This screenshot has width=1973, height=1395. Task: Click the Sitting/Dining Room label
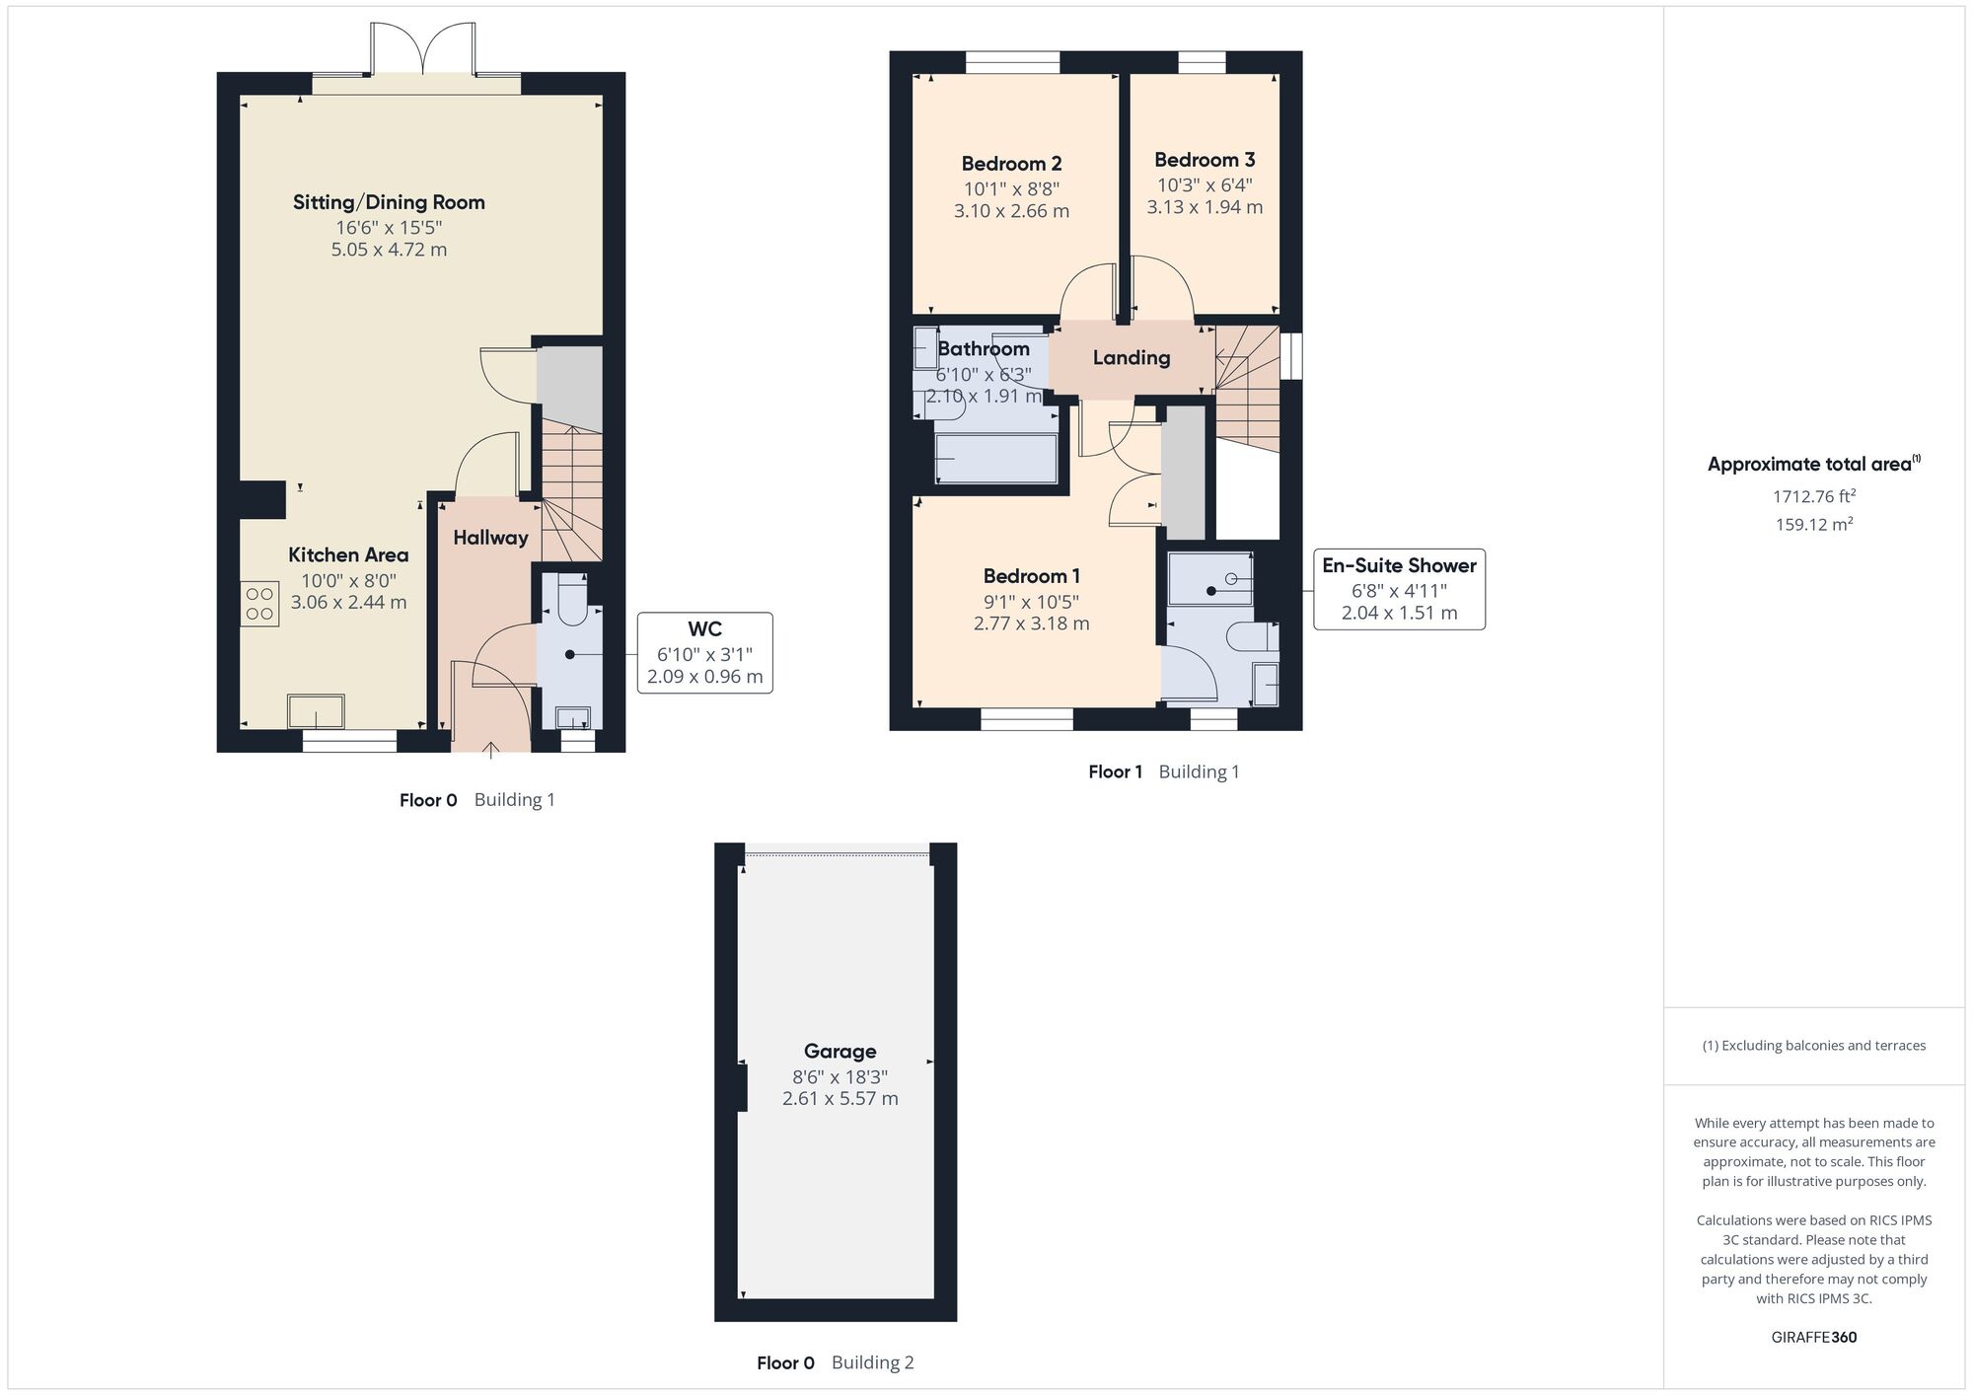pyautogui.click(x=389, y=202)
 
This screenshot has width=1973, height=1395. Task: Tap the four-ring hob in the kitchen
pyautogui.click(x=259, y=604)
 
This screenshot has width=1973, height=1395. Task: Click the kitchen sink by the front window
pyautogui.click(x=316, y=710)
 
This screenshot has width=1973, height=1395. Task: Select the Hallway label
pyautogui.click(x=490, y=538)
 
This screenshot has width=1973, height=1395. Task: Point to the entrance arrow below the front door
pyautogui.click(x=491, y=751)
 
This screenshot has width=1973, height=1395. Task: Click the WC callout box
pyautogui.click(x=704, y=653)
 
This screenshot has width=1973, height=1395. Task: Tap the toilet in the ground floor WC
pyautogui.click(x=572, y=604)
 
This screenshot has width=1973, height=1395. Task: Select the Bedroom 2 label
pyautogui.click(x=1011, y=164)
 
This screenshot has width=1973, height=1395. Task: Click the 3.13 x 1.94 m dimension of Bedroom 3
pyautogui.click(x=1204, y=207)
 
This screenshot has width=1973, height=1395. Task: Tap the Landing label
pyautogui.click(x=1131, y=357)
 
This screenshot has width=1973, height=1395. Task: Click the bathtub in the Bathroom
pyautogui.click(x=995, y=459)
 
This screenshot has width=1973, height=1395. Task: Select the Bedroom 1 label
pyautogui.click(x=1031, y=576)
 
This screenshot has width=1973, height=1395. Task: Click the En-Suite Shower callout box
pyautogui.click(x=1398, y=589)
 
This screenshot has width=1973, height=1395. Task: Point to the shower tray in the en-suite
pyautogui.click(x=1209, y=578)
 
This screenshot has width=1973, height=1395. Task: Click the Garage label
pyautogui.click(x=840, y=1051)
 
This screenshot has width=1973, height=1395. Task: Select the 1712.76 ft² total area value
pyautogui.click(x=1813, y=496)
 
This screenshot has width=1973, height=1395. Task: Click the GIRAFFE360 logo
pyautogui.click(x=1813, y=1337)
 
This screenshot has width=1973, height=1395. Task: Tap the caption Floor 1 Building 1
pyautogui.click(x=1163, y=771)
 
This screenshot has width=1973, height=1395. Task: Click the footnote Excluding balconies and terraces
pyautogui.click(x=1813, y=1046)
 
